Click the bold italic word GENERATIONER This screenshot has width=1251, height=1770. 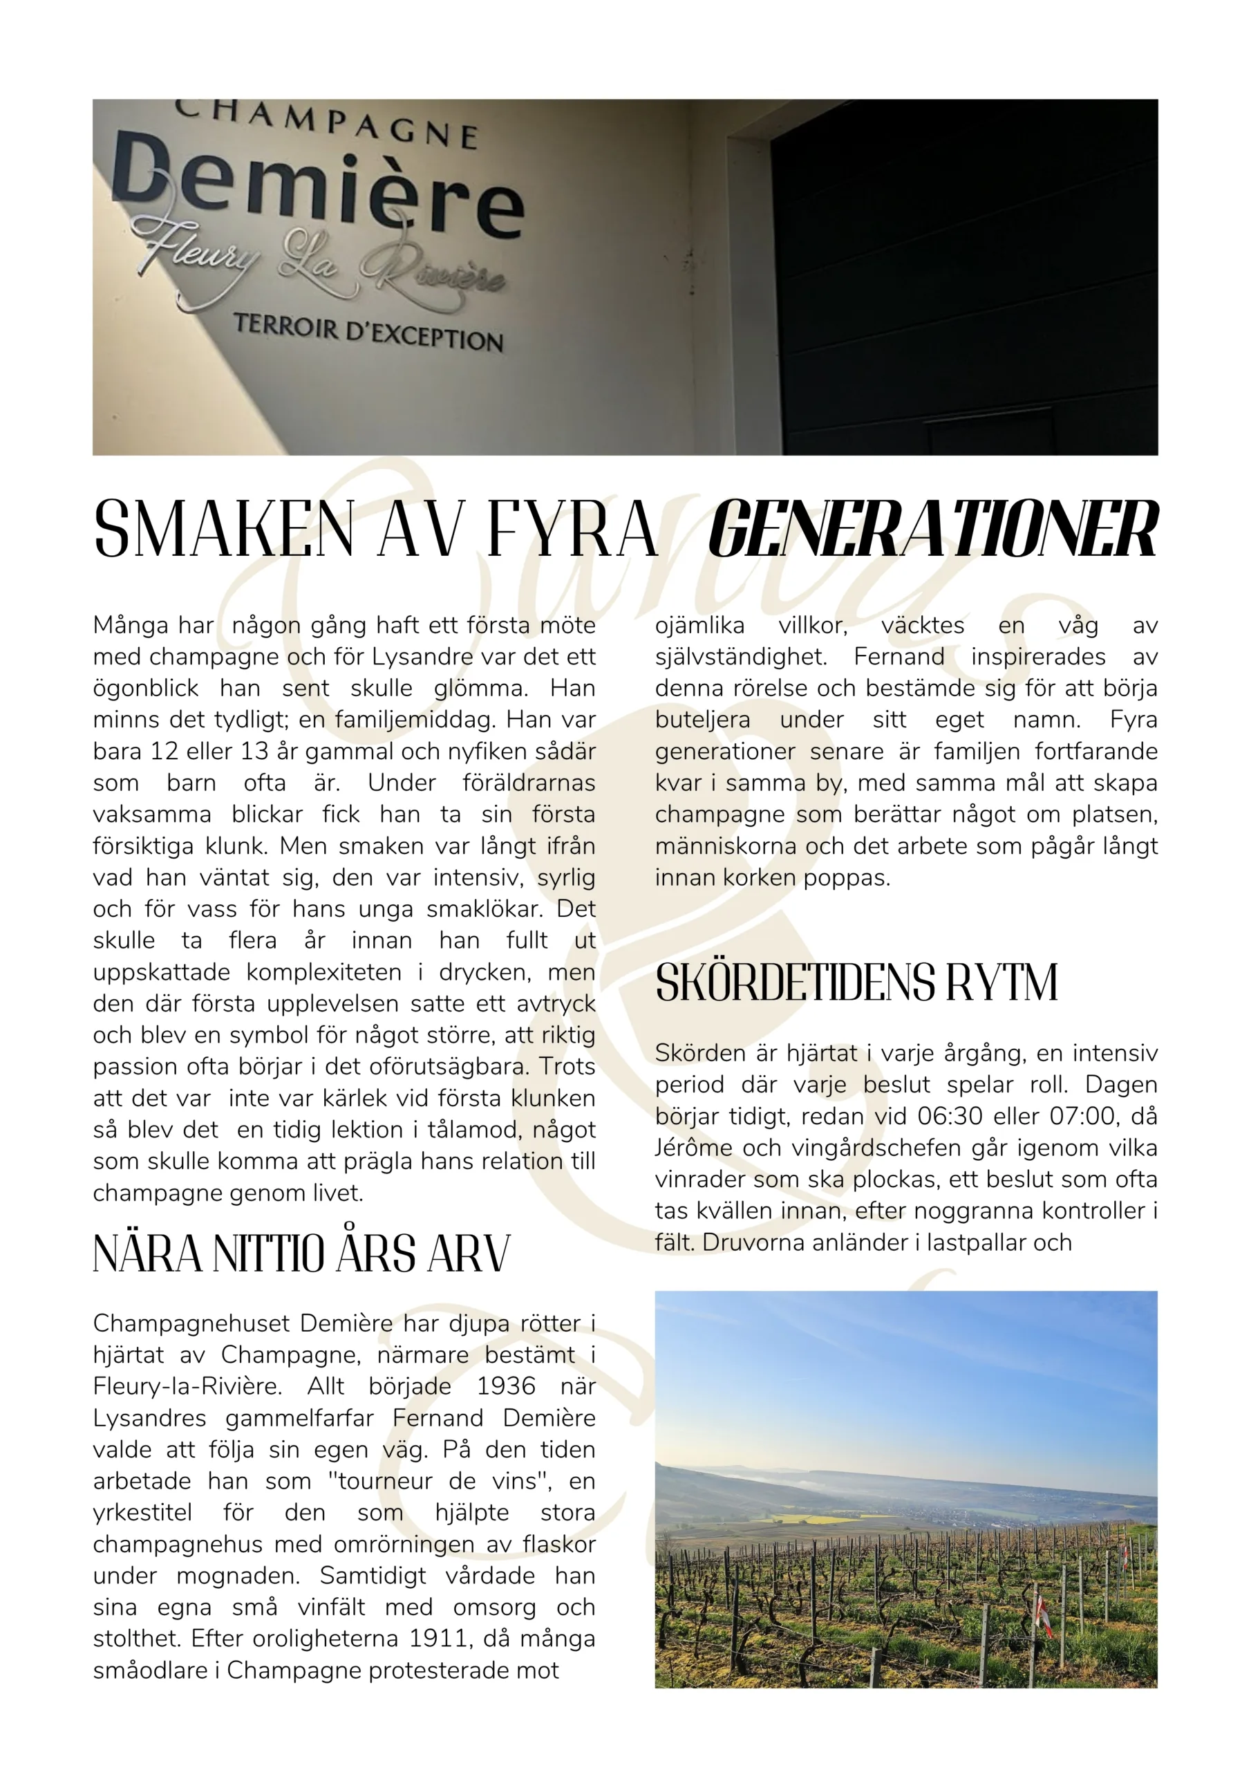(x=932, y=530)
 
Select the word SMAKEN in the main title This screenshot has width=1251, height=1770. (x=223, y=530)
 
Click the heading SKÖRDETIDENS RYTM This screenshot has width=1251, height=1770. (x=856, y=983)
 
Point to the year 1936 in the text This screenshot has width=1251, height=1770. (x=506, y=1386)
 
